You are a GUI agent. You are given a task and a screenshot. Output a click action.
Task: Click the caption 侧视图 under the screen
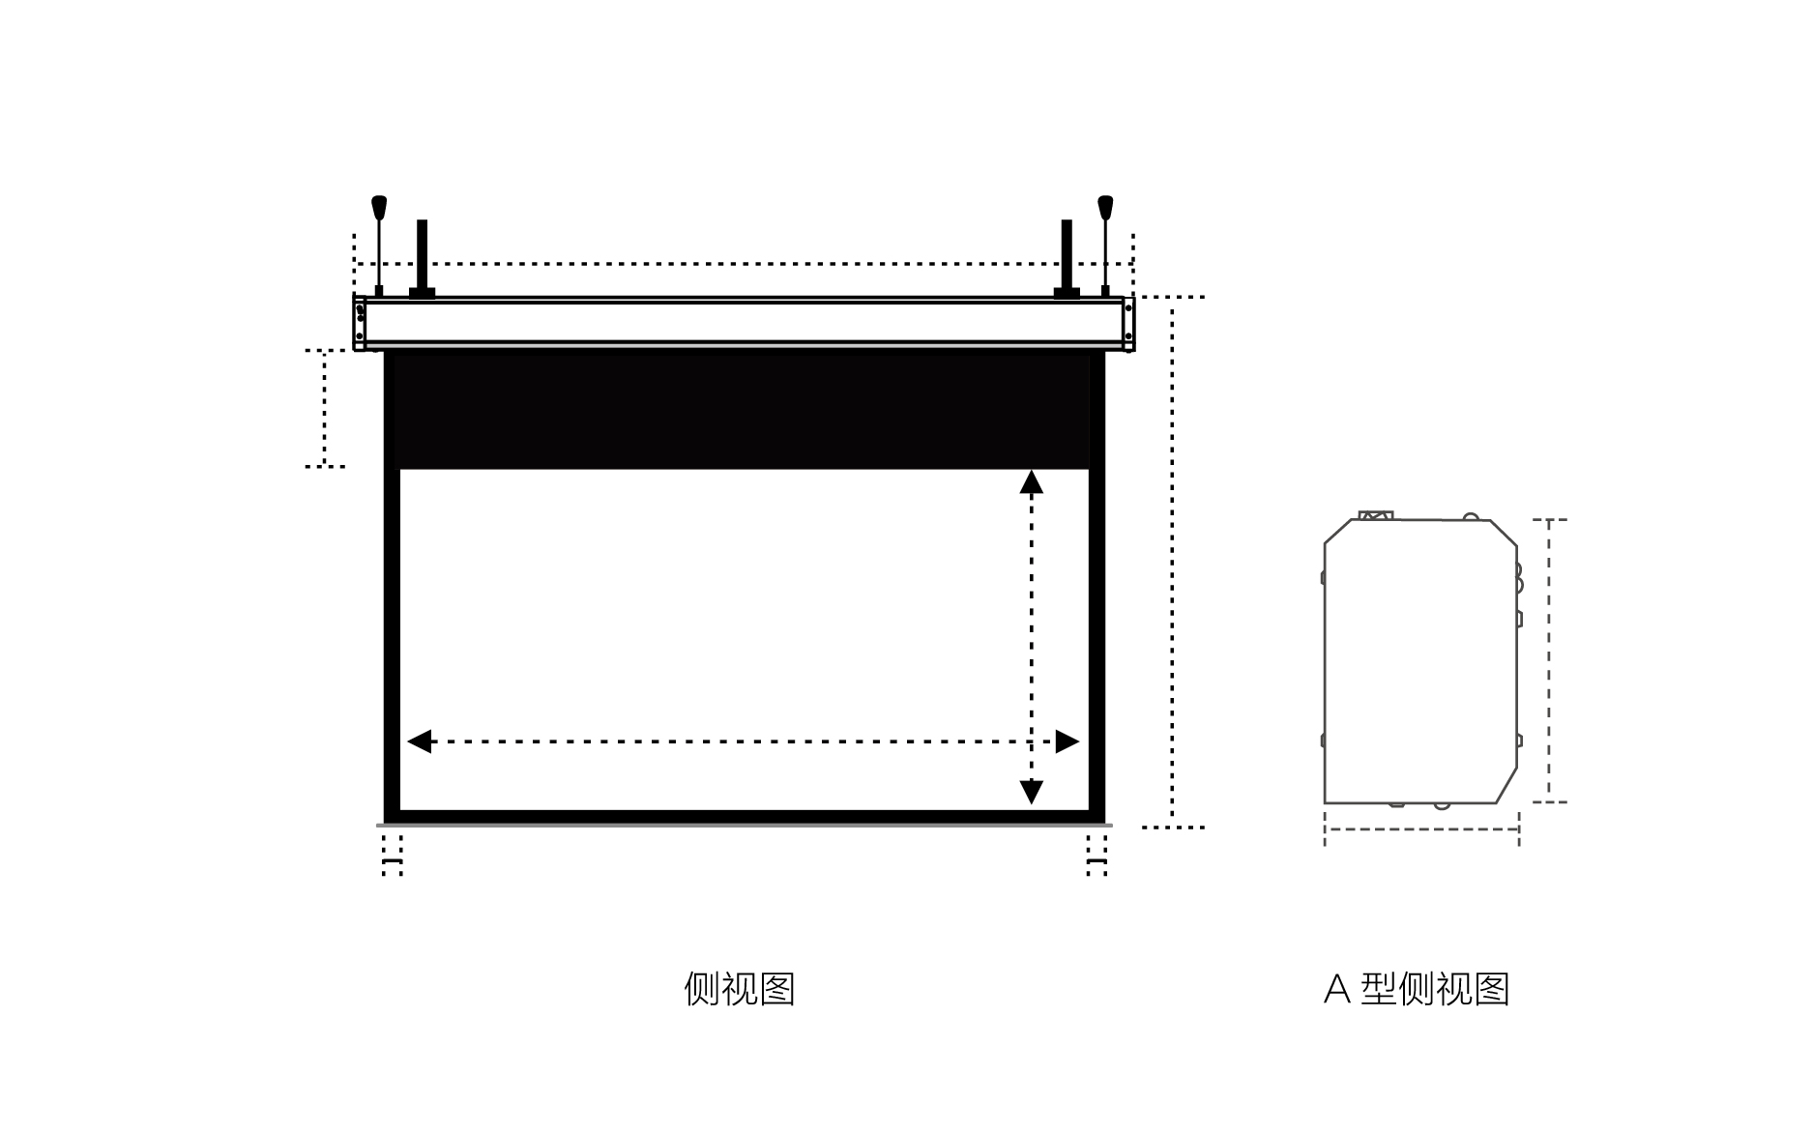point(739,989)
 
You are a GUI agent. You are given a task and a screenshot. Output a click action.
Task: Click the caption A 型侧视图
point(1417,989)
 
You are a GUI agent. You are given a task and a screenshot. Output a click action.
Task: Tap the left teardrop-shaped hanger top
point(379,207)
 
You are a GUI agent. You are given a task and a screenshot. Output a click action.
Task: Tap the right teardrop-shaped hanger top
point(1105,207)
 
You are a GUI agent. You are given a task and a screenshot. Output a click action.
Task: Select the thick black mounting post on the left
point(422,259)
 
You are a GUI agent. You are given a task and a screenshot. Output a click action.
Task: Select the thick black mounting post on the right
point(1067,259)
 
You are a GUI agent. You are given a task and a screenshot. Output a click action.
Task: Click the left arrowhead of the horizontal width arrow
point(419,741)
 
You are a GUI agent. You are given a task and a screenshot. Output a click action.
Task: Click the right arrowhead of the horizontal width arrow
point(1067,741)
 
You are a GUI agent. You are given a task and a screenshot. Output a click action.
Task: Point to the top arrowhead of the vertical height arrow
point(1032,482)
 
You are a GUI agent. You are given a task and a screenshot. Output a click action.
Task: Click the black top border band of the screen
point(745,411)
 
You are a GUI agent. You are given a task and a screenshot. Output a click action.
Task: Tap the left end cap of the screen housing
point(360,324)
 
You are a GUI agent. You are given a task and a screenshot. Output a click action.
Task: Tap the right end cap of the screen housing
point(1128,324)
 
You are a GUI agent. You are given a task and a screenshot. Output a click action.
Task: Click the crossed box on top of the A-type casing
point(1376,516)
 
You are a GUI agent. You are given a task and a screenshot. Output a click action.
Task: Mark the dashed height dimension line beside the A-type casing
point(1549,661)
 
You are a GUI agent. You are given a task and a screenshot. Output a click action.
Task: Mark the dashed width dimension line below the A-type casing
point(1421,828)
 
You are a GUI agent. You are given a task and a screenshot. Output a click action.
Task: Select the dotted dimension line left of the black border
point(325,409)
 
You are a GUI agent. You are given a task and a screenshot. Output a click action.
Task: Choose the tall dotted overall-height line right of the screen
point(1173,562)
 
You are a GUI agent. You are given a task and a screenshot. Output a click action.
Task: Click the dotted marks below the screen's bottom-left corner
point(392,856)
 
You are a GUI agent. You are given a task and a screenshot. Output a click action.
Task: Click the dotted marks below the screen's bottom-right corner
point(1096,856)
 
